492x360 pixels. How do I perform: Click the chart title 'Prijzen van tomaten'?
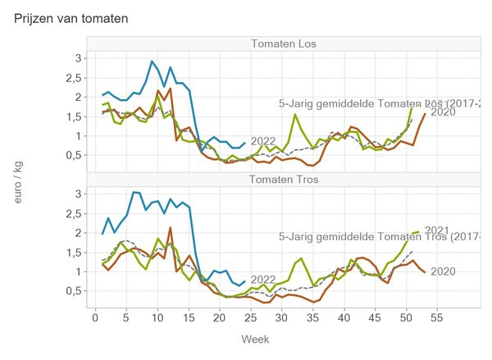[x=71, y=17]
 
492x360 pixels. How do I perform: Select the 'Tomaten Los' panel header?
[x=285, y=43]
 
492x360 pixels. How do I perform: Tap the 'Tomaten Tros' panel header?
[x=285, y=180]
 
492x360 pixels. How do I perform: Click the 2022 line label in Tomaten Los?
[x=263, y=140]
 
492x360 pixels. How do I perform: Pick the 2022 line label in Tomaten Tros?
[x=263, y=279]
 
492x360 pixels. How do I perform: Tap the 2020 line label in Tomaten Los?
[x=443, y=112]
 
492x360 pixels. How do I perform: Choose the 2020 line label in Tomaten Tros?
[x=443, y=271]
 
